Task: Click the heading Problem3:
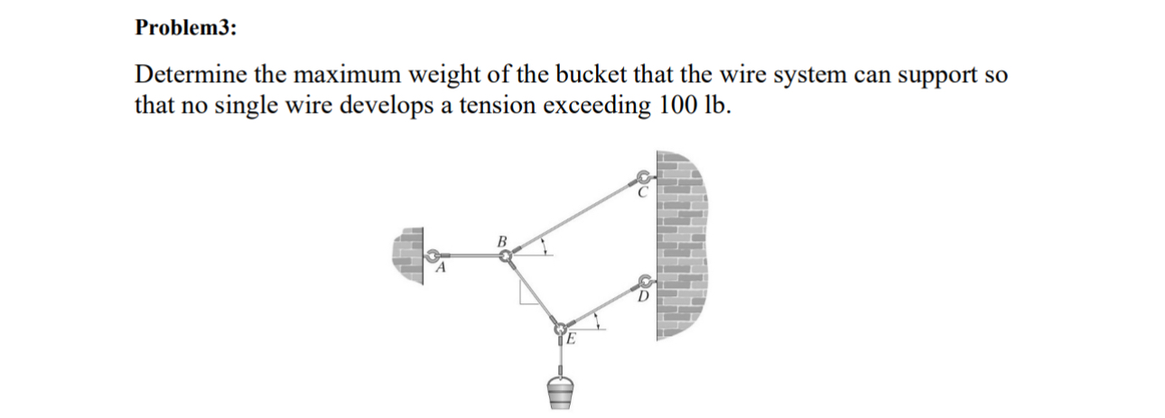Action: pyautogui.click(x=186, y=28)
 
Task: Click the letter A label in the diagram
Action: pyautogui.click(x=442, y=268)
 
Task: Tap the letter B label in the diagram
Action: pyautogui.click(x=501, y=241)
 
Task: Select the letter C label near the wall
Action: pyautogui.click(x=643, y=191)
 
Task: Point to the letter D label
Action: pyautogui.click(x=643, y=296)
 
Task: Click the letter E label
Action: pyautogui.click(x=569, y=340)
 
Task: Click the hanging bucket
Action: pyautogui.click(x=561, y=391)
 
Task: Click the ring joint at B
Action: pyautogui.click(x=507, y=257)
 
